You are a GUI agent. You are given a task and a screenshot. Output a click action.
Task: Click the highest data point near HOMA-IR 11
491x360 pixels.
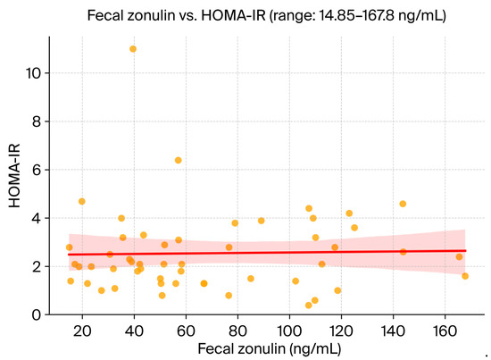pos(133,49)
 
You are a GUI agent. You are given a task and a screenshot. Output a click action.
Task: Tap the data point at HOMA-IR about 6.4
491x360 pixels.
pos(178,161)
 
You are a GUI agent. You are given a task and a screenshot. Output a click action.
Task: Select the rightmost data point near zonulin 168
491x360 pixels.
pos(465,276)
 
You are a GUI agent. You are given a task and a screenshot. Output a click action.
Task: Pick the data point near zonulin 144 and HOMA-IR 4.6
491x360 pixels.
pos(403,204)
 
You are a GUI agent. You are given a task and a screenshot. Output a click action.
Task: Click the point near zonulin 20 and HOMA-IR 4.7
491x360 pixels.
pos(82,202)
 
